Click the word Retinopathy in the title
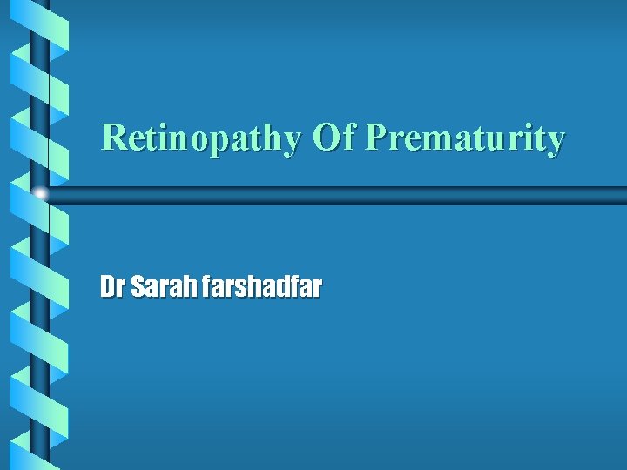(201, 138)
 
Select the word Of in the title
(334, 137)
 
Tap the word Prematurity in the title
(465, 138)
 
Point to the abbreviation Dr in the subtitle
(112, 287)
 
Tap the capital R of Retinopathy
(113, 137)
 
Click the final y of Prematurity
(556, 142)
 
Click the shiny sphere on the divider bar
(40, 194)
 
